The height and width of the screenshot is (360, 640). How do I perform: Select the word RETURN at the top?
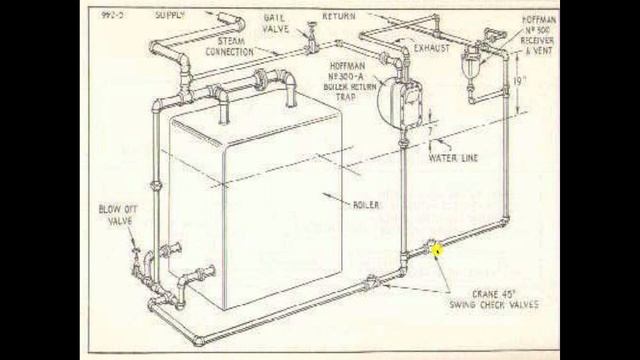[340, 18]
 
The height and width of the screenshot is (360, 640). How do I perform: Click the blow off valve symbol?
[136, 262]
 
